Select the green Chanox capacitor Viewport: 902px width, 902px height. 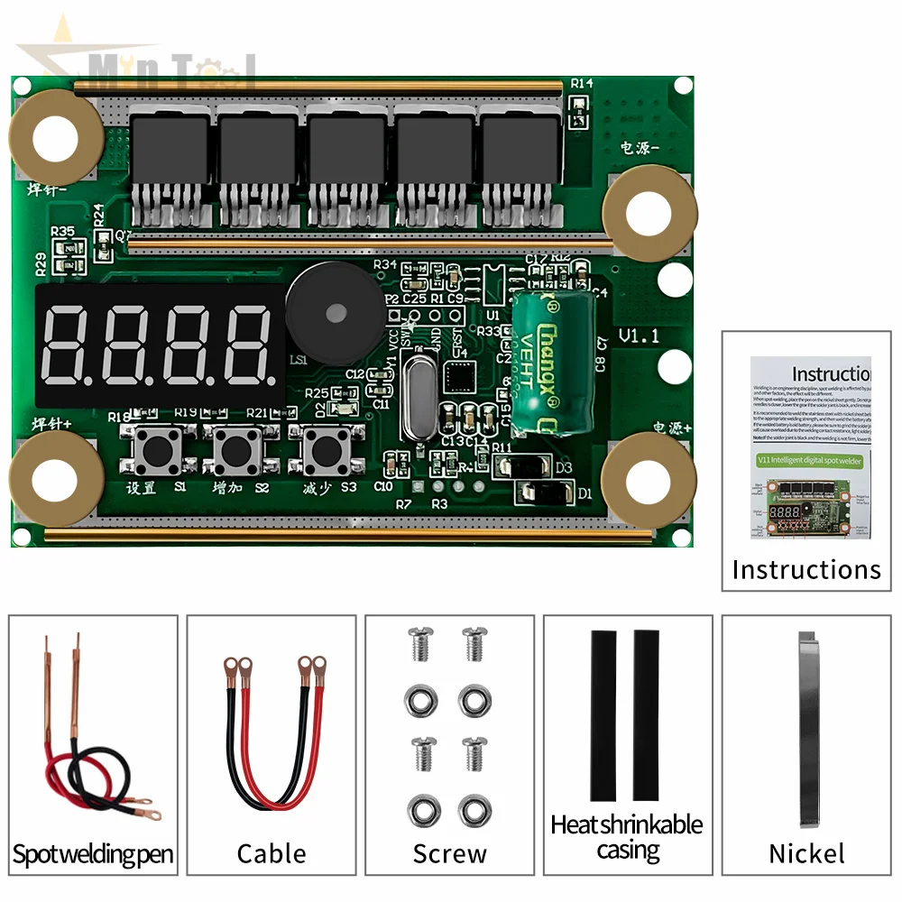[x=553, y=361]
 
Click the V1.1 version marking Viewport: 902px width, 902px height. [x=640, y=336]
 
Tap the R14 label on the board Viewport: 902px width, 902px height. [x=582, y=83]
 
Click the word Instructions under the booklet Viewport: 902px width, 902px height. [x=805, y=570]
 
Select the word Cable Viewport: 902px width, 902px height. [x=272, y=853]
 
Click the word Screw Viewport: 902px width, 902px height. [x=449, y=853]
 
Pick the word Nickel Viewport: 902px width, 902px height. [x=806, y=853]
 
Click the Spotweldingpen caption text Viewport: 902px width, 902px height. [x=93, y=853]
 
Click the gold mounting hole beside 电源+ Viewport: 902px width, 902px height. [x=648, y=478]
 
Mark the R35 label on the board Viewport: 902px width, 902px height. [x=62, y=231]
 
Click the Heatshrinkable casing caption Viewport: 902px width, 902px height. [x=628, y=837]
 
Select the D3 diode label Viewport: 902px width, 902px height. [x=565, y=468]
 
